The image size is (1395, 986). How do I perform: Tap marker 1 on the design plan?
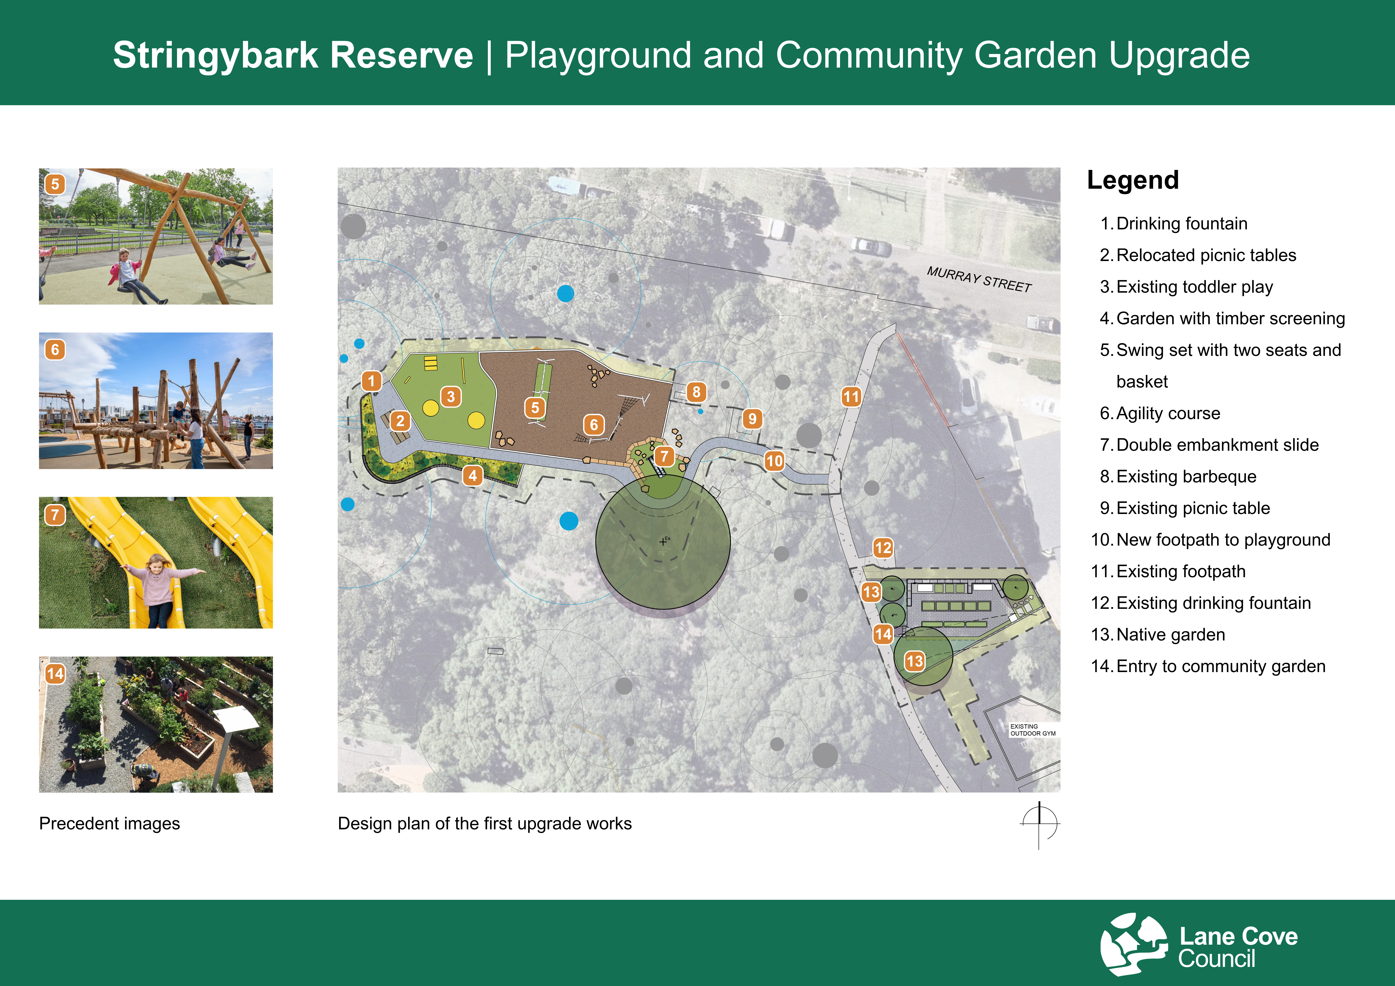(x=371, y=381)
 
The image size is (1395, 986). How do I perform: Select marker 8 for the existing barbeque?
(x=696, y=392)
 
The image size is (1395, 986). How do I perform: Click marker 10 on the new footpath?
(x=774, y=461)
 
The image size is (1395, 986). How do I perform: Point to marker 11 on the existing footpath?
(x=851, y=397)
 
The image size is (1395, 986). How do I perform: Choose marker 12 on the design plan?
(x=883, y=548)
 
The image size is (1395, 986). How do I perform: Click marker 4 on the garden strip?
(x=473, y=475)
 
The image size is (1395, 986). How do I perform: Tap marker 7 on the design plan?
(x=664, y=456)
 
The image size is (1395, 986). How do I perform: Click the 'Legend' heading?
(x=1132, y=181)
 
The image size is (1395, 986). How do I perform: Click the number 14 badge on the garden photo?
(x=55, y=674)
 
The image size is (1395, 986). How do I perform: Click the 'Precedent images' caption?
(x=109, y=824)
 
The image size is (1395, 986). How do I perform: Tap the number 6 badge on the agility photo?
(x=55, y=349)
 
